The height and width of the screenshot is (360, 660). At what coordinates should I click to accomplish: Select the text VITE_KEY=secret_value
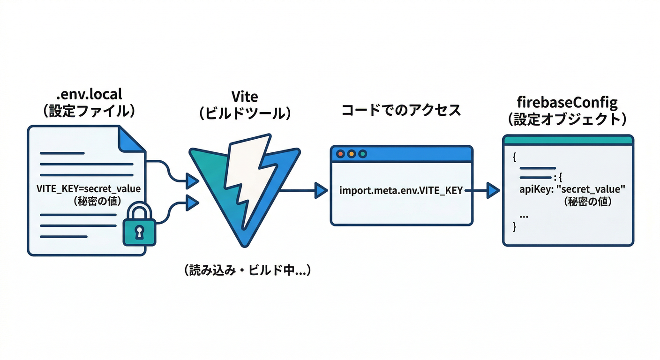coord(88,190)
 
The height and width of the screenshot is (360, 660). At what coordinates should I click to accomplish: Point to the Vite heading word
coord(245,97)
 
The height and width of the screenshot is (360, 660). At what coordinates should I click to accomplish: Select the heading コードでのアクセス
coord(401,110)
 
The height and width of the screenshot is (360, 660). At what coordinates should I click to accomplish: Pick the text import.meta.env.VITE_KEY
coord(401,190)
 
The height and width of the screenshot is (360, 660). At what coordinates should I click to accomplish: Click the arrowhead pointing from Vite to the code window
coord(321,190)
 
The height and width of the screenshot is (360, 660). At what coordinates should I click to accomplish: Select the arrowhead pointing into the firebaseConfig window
coord(493,190)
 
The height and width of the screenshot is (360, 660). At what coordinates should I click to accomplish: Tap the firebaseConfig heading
coord(568,102)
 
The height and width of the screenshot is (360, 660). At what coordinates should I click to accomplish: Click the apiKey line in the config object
coord(573,190)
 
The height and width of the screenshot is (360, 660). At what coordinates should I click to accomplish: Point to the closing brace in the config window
coord(515,227)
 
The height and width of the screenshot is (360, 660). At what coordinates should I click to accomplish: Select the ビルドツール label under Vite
coord(245,113)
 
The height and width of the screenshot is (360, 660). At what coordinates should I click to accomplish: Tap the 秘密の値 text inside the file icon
coord(88,202)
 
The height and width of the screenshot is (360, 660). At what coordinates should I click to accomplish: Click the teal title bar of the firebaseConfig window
coord(568,140)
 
